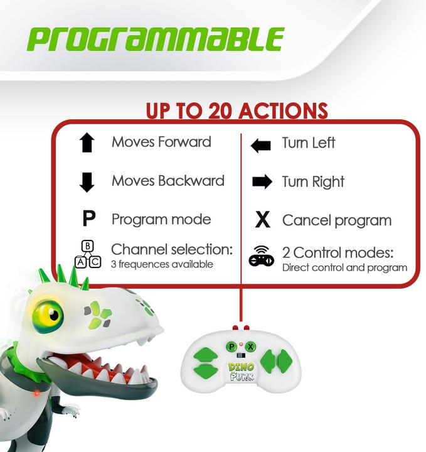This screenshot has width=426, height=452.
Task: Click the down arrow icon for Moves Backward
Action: point(87,182)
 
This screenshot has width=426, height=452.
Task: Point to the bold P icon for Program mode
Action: point(88,219)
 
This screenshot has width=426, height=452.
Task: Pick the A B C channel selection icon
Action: point(88,254)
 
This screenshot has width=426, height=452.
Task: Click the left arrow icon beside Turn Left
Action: point(260,146)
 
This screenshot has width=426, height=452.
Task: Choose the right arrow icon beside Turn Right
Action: point(262,182)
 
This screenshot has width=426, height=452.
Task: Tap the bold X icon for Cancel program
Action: point(262,220)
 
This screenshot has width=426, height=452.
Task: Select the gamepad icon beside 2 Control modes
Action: point(261,256)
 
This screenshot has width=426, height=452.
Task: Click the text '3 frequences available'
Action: point(162,264)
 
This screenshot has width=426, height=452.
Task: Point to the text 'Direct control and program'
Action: point(344,267)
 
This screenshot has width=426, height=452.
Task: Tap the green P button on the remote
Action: point(232,347)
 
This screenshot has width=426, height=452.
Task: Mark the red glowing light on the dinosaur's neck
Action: point(36,393)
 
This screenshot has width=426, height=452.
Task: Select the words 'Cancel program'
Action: point(336,221)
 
